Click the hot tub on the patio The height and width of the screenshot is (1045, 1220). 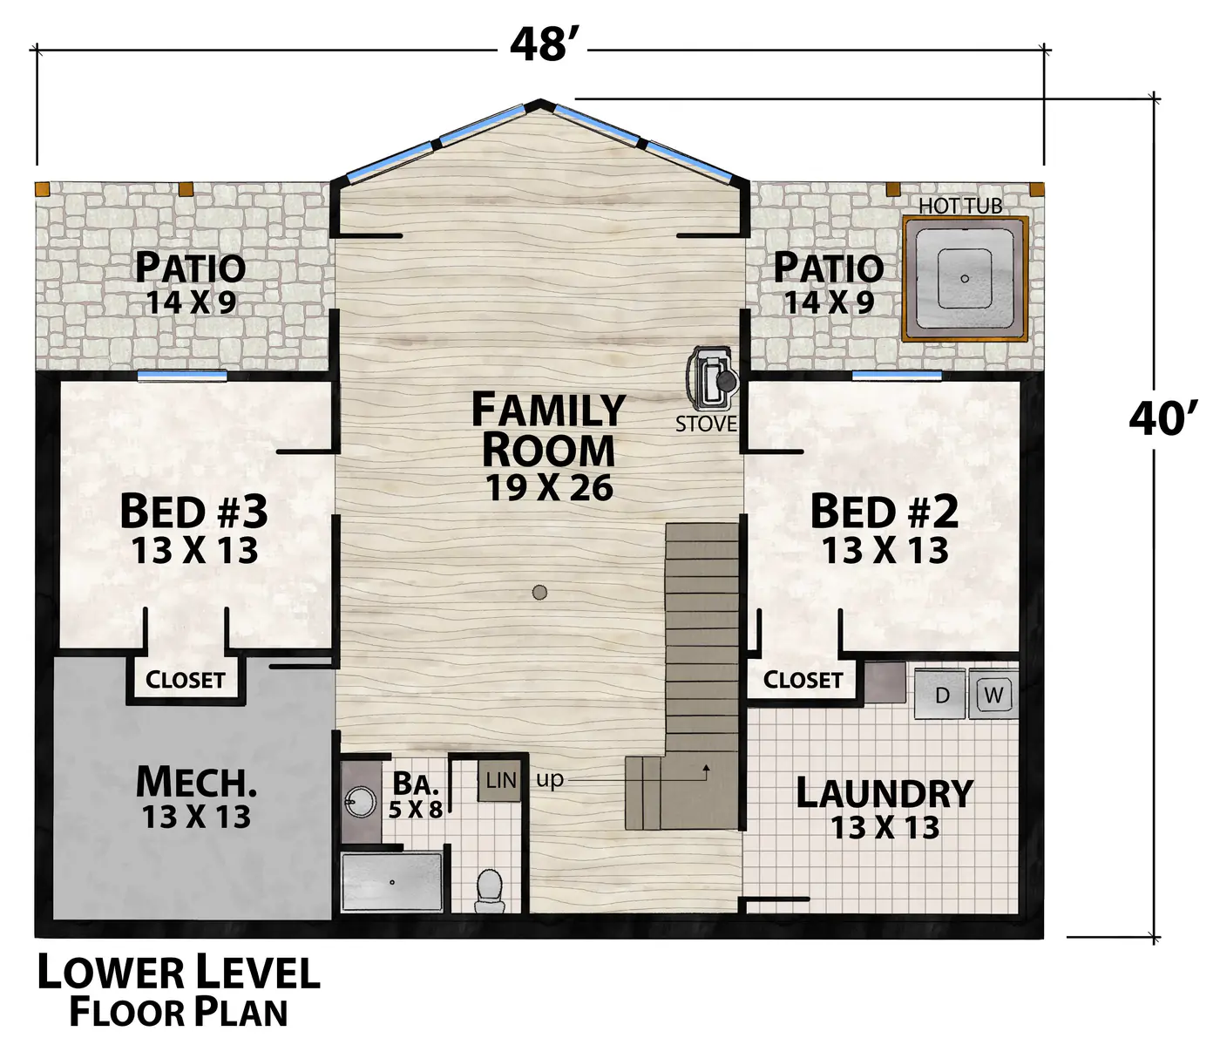tap(965, 278)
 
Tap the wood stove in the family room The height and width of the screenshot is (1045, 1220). tap(713, 378)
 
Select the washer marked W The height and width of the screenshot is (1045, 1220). tap(993, 695)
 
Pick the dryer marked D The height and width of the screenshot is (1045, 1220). tap(941, 695)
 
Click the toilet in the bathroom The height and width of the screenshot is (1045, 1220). tap(489, 891)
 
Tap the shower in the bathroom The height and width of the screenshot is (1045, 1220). tap(392, 882)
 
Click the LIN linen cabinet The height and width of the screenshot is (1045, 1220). tap(499, 781)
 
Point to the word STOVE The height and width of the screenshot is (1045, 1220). tap(707, 424)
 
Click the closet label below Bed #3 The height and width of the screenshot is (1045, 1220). tap(186, 680)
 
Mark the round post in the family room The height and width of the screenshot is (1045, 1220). tap(539, 592)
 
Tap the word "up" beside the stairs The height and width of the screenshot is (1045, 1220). tap(550, 780)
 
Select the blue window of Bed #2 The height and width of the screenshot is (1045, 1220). tap(897, 376)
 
